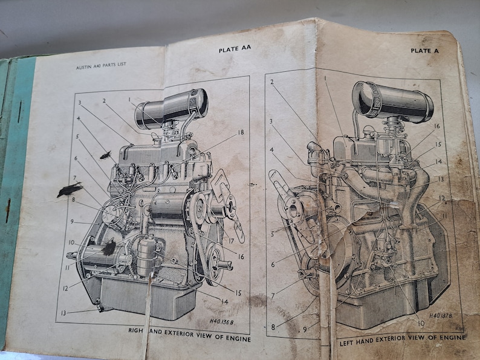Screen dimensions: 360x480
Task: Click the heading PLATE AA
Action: click(235, 50)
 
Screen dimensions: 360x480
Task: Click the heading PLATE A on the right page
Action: click(424, 51)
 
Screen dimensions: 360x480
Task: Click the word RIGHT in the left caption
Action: click(137, 331)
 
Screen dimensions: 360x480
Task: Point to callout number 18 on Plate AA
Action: click(241, 132)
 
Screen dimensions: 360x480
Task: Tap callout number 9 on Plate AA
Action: click(71, 222)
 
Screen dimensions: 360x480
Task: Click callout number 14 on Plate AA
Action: click(224, 300)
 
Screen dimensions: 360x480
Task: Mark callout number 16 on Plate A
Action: click(436, 126)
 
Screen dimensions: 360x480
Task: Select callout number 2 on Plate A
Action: click(272, 82)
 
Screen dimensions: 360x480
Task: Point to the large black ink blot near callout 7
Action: click(70, 191)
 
